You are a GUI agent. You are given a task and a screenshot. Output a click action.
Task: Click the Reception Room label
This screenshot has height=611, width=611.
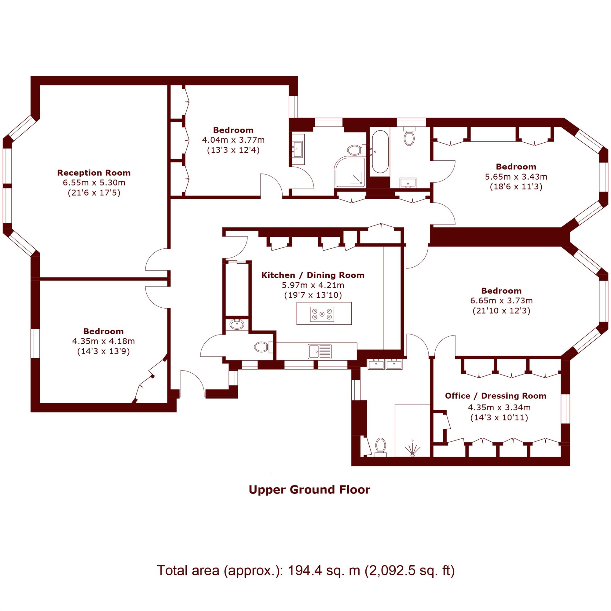coord(93,173)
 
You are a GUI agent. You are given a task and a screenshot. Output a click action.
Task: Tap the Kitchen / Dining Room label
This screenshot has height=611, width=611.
coord(313,275)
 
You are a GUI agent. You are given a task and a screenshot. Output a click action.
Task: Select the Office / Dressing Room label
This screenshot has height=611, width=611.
coord(496,396)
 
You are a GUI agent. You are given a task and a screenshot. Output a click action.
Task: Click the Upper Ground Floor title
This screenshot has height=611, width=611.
coord(309,489)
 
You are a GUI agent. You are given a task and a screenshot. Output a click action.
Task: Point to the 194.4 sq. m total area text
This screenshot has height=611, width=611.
coord(306,570)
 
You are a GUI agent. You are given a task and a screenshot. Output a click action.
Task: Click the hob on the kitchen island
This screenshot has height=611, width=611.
coord(322,314)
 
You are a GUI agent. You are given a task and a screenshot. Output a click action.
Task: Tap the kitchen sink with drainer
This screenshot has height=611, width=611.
coord(320,351)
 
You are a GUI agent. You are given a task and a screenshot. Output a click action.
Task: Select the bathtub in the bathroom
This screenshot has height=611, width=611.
coord(380,152)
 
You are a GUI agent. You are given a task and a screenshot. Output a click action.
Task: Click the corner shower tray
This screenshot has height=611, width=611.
coord(350,171)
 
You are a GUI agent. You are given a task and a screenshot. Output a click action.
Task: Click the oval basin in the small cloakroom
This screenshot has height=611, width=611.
coord(236,324)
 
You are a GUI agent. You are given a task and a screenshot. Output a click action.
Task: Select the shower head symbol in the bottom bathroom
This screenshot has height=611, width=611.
coord(412,448)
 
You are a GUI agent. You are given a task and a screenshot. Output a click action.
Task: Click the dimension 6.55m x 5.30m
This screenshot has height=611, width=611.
coord(94,182)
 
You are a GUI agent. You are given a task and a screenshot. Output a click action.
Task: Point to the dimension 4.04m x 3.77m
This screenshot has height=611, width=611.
coord(233,140)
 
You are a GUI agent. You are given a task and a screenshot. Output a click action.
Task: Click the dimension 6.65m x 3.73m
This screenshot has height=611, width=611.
coord(501,300)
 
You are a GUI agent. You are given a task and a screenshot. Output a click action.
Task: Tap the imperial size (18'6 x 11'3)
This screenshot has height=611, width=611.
coord(516,187)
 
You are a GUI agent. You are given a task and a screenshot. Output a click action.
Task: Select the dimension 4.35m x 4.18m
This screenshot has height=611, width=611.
coord(104,341)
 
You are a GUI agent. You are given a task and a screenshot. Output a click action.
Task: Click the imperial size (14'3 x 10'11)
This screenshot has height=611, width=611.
coord(499,418)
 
